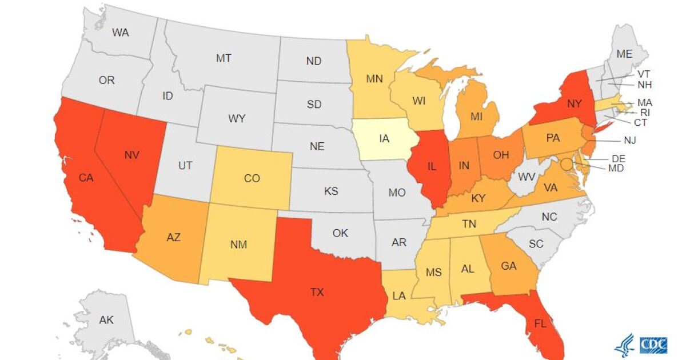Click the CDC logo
pos(653,345)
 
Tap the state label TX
pos(317,292)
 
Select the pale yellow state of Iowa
pos(384,138)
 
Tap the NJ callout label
pos(630,140)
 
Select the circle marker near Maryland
pos(566,165)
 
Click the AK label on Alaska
pos(106,319)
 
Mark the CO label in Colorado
pos(252,178)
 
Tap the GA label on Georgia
pos(509,265)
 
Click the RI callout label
pos(645,113)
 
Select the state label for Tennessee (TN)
pos(469,224)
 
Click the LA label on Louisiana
pos(398,295)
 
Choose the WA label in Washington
pos(120,33)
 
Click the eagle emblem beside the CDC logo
pos(625,345)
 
